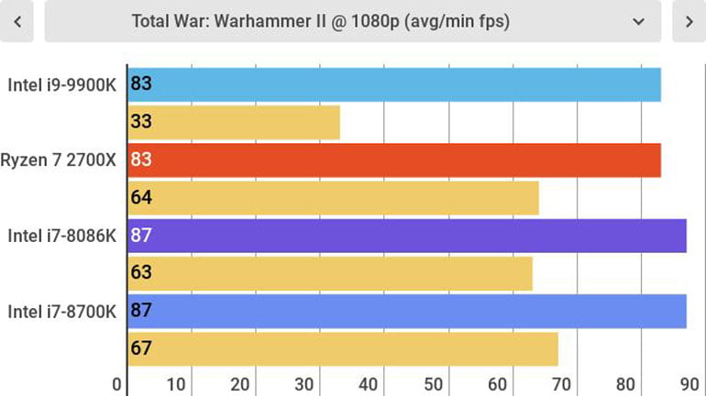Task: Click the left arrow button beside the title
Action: point(17,21)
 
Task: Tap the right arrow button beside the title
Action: point(689,21)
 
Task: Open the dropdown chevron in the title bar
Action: point(639,21)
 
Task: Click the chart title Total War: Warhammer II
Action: point(321,21)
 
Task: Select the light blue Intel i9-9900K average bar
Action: point(394,84)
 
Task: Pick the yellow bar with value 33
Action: point(234,122)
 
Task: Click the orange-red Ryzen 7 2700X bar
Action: point(394,159)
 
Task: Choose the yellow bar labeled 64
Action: point(333,197)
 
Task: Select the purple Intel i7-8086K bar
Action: point(407,236)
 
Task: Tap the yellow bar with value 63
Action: point(330,273)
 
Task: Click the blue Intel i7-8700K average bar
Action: point(407,311)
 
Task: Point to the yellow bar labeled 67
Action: point(343,348)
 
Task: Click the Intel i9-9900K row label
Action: point(61,84)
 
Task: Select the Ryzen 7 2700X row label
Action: point(59,159)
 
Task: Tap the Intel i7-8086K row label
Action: point(61,236)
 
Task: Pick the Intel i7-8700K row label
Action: point(61,311)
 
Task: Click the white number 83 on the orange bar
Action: point(141,159)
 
